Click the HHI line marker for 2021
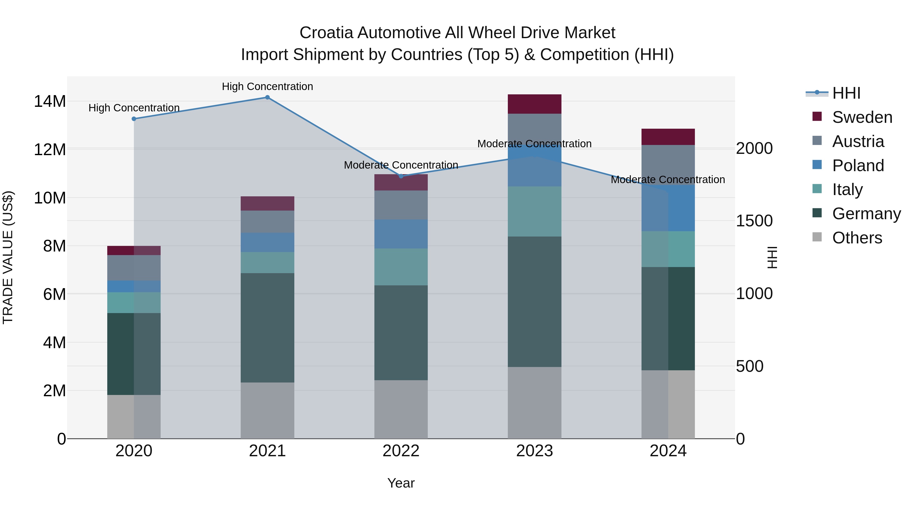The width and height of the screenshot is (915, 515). coord(267,97)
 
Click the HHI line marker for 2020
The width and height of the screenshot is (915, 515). coord(134,119)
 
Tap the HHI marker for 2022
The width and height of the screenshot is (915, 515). coord(401,176)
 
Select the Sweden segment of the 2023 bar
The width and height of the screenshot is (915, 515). coord(534,104)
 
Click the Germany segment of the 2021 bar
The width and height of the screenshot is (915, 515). coord(267,328)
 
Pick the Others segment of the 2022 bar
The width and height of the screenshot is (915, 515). coord(401,409)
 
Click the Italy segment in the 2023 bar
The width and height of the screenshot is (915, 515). coord(534,212)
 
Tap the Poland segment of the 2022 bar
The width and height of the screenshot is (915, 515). coord(401,234)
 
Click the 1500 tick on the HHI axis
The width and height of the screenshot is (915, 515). coord(754,221)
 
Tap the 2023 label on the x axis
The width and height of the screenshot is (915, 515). coord(534,451)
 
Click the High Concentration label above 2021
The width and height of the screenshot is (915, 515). coord(267,86)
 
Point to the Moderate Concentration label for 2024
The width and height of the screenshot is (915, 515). coord(668,180)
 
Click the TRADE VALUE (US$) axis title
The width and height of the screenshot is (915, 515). coord(8,257)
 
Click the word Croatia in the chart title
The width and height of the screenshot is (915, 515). coord(326,33)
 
